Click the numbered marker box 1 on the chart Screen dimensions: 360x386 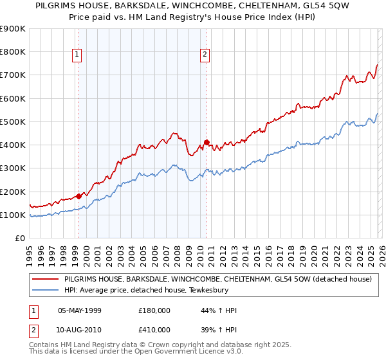click(x=77, y=55)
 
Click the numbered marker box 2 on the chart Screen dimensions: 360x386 click(x=205, y=55)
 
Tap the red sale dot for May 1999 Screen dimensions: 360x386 click(x=78, y=196)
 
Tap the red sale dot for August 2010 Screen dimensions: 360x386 click(x=207, y=142)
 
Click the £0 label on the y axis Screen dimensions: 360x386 click(x=21, y=239)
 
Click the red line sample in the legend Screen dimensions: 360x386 click(x=45, y=280)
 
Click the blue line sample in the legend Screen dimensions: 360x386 click(x=45, y=290)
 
